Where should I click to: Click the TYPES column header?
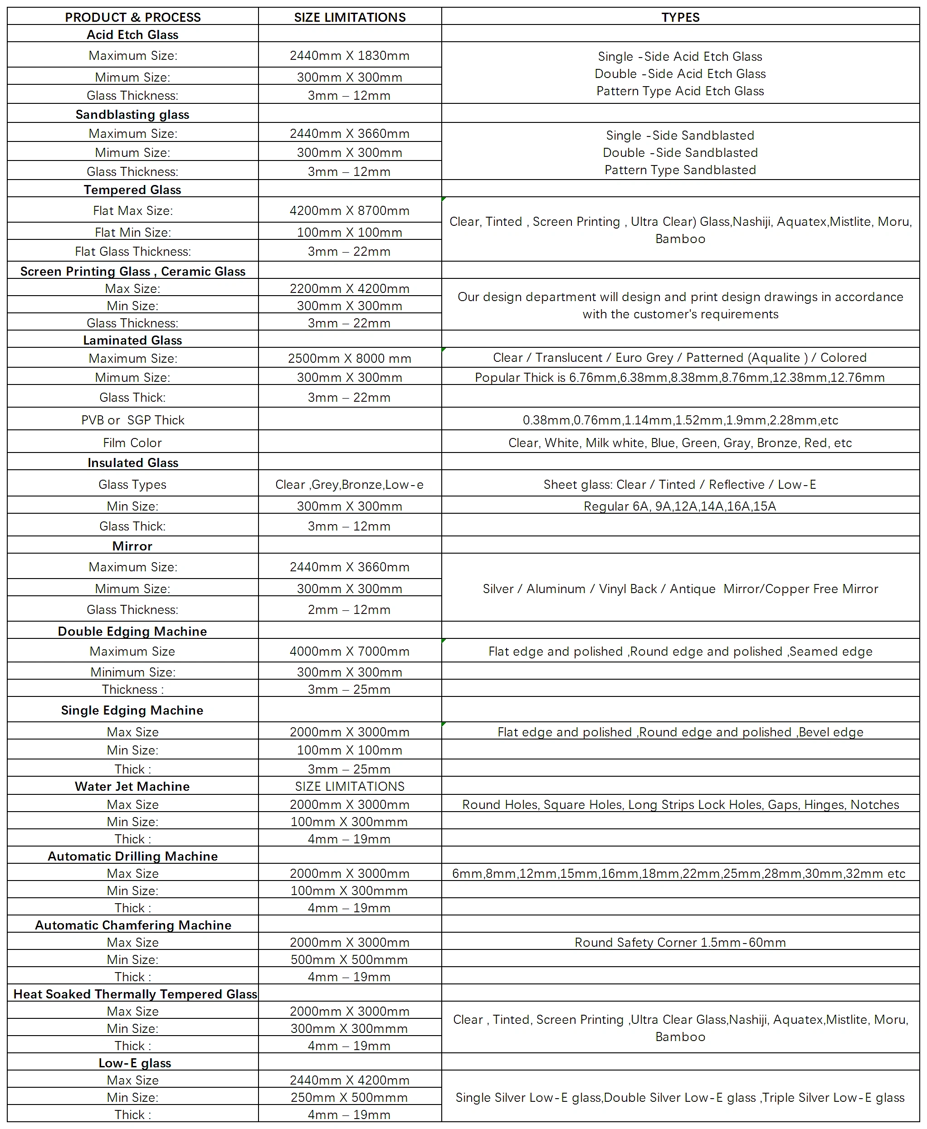click(680, 17)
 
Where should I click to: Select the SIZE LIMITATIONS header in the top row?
click(350, 17)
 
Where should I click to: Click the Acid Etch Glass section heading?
click(132, 35)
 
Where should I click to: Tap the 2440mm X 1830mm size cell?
click(350, 55)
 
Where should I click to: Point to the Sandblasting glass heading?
click(132, 114)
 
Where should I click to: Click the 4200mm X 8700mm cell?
click(350, 210)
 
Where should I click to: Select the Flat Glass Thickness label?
click(132, 252)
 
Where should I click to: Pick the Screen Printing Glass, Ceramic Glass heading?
click(132, 271)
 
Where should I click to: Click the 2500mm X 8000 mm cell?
click(350, 358)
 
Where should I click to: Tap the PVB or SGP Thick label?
click(132, 420)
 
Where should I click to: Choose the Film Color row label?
click(132, 443)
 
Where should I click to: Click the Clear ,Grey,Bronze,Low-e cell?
click(350, 484)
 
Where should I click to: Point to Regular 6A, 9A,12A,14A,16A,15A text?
click(680, 506)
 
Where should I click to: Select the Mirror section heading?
click(132, 546)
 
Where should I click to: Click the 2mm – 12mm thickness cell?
click(350, 609)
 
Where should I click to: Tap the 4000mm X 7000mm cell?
click(350, 651)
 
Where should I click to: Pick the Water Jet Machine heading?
click(132, 786)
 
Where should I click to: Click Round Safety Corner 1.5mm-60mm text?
click(680, 942)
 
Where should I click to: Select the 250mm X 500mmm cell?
click(350, 1098)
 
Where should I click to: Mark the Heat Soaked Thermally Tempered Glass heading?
click(135, 994)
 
